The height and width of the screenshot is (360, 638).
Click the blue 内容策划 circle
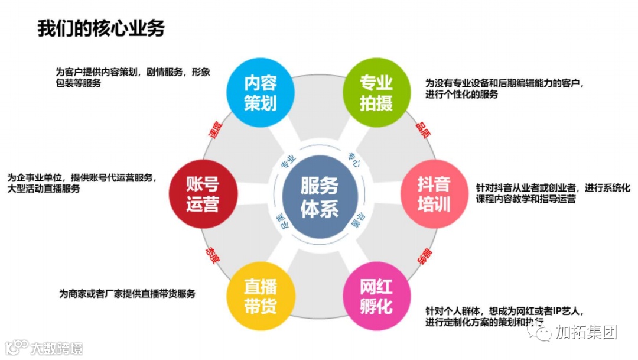[x=261, y=92]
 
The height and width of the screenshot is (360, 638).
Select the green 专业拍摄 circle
[x=376, y=92]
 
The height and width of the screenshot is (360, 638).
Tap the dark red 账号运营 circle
[x=203, y=193]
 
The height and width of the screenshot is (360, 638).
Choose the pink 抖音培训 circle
[x=434, y=193]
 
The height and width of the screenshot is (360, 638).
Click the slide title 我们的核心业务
[x=101, y=28]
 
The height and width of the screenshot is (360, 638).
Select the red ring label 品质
[x=423, y=129]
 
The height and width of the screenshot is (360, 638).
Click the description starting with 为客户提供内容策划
[x=133, y=77]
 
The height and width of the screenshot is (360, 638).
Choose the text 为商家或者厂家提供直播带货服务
[x=127, y=293]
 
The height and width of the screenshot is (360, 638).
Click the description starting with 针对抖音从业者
[x=553, y=194]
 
